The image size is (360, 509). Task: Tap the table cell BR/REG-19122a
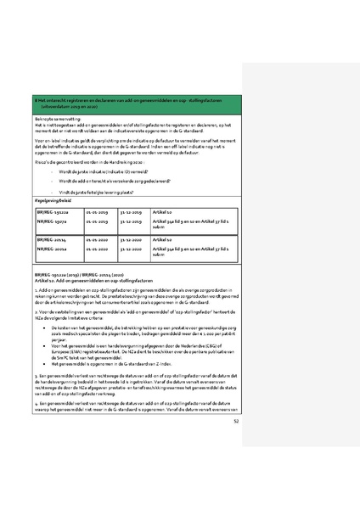(x=55, y=210)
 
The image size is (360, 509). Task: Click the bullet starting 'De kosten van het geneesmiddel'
(x=139, y=329)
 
